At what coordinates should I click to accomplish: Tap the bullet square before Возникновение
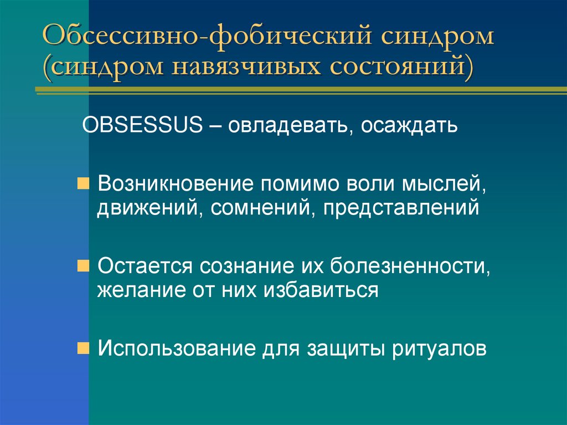coord(82,182)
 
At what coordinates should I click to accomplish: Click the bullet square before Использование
coord(82,348)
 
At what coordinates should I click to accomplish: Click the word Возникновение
coord(176,183)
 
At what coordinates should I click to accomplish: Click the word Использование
coord(178,349)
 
